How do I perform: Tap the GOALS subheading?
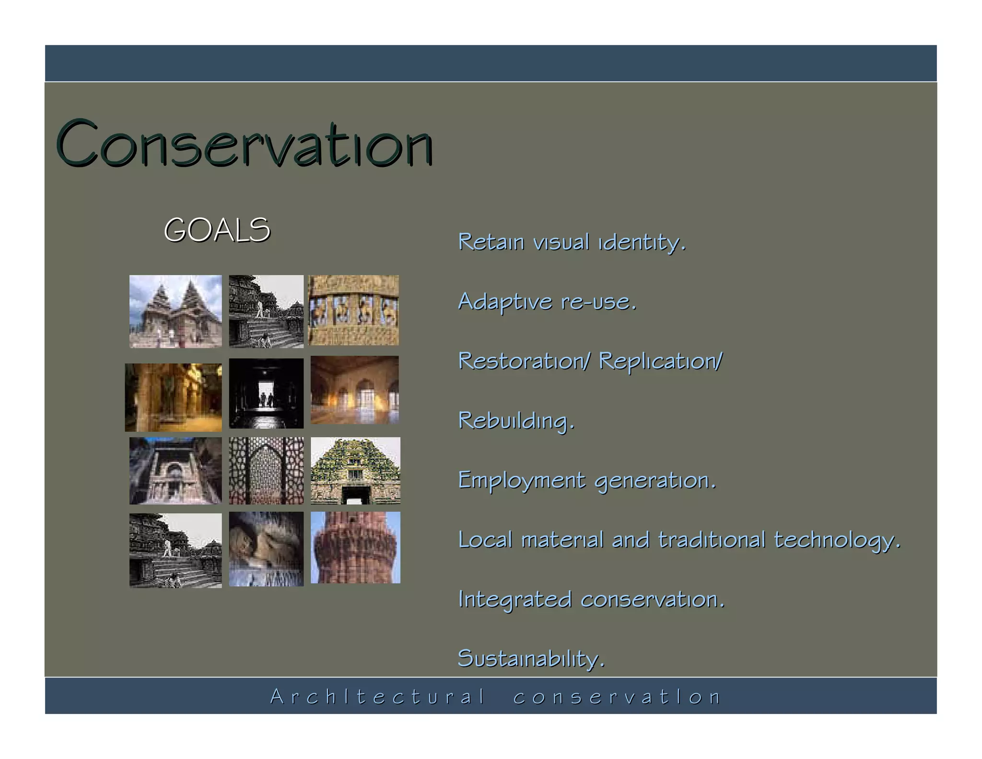coord(217,230)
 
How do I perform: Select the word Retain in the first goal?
coord(491,242)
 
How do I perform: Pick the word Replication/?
coord(660,361)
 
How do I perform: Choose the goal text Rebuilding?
coord(516,421)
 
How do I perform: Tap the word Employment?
coord(522,481)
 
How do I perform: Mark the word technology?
coord(837,541)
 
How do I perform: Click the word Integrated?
coord(514,600)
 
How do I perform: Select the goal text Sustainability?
coord(531,659)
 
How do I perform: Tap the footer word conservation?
coord(617,697)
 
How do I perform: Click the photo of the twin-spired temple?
coord(175,311)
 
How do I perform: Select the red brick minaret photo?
coord(355,547)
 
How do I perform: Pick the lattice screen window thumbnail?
coord(266,471)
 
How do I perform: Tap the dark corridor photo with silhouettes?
coord(266,393)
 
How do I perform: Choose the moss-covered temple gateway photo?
coord(355,471)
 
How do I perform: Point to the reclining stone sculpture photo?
coord(266,549)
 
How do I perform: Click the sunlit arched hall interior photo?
coord(354,390)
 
